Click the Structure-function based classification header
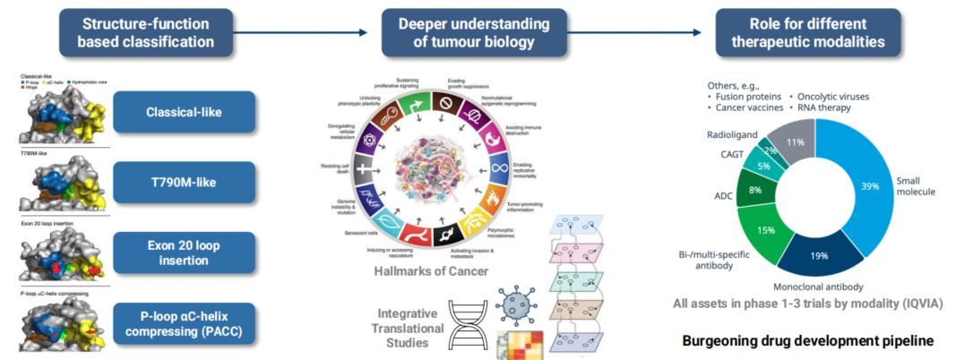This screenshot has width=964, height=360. tap(147, 31)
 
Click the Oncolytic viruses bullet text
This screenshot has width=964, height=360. tap(831, 96)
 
